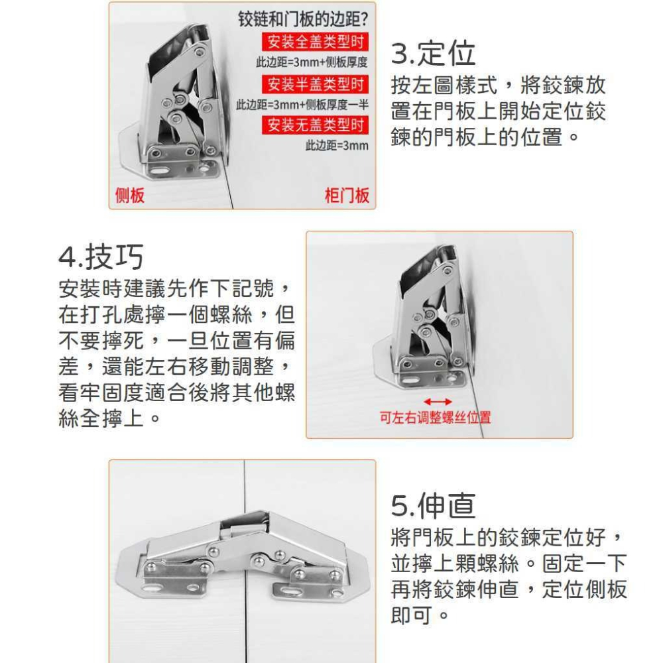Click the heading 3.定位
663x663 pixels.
[433, 54]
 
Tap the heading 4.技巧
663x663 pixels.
[101, 257]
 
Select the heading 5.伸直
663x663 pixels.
[433, 505]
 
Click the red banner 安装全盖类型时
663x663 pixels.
[315, 41]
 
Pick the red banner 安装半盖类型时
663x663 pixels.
[315, 84]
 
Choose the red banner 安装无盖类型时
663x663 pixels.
[315, 125]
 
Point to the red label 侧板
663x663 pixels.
[130, 196]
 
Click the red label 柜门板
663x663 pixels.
[347, 196]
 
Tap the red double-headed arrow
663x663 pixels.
[438, 402]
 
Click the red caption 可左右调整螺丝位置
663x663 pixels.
[435, 417]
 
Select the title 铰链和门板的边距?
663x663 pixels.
[303, 19]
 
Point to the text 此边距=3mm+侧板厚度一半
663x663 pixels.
[302, 105]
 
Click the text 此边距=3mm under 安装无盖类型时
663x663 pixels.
[337, 145]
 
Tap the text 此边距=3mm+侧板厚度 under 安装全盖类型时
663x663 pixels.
[312, 62]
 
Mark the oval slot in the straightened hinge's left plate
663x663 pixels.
[156, 587]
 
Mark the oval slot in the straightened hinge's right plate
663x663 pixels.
[296, 588]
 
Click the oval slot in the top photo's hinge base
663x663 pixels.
[159, 172]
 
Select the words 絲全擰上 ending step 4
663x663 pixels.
[101, 418]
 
